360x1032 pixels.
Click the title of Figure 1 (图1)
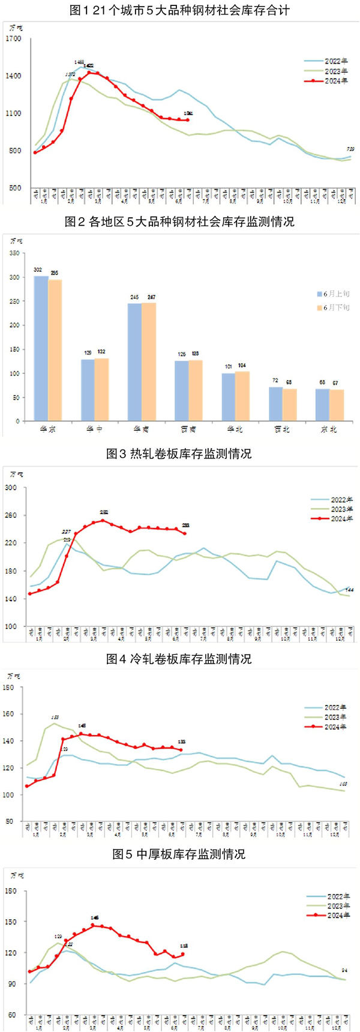coord(179,10)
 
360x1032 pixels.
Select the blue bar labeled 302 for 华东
coord(41,348)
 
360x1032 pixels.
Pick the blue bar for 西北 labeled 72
coord(275,403)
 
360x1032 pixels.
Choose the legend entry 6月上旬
coord(336,294)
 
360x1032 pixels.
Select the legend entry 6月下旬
coord(336,307)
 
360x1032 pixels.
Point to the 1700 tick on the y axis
coord(13,39)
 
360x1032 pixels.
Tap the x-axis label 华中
coord(95,430)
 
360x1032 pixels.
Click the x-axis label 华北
coord(235,430)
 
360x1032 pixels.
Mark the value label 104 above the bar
coord(242,365)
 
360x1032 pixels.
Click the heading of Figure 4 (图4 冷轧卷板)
coord(179,659)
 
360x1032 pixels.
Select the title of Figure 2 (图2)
coord(179,222)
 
